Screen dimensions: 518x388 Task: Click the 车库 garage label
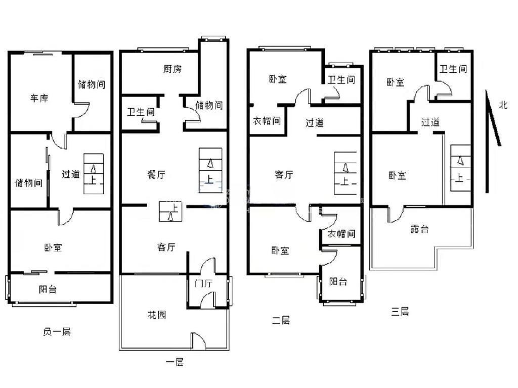pyautogui.click(x=39, y=98)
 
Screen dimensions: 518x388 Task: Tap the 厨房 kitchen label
pyautogui.click(x=172, y=69)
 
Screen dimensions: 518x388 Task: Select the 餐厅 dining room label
pyautogui.click(x=156, y=174)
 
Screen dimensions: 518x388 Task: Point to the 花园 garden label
pyautogui.click(x=157, y=315)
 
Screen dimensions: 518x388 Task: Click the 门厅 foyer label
pyautogui.click(x=203, y=283)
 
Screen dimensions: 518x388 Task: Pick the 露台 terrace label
pyautogui.click(x=419, y=229)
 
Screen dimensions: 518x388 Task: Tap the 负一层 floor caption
pyautogui.click(x=57, y=331)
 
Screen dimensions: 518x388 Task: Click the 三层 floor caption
pyautogui.click(x=400, y=311)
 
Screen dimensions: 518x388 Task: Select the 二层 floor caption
pyautogui.click(x=281, y=320)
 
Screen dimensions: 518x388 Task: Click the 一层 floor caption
pyautogui.click(x=175, y=362)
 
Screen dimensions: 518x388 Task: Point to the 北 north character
pyautogui.click(x=503, y=105)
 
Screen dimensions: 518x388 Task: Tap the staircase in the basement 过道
pyautogui.click(x=94, y=174)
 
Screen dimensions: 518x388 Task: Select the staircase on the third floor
pyautogui.click(x=460, y=168)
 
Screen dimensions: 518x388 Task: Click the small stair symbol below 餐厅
pyautogui.click(x=170, y=211)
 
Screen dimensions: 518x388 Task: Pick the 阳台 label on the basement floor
pyautogui.click(x=48, y=289)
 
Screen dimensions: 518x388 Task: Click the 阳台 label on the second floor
pyautogui.click(x=338, y=281)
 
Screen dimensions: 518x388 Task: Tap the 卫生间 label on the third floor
pyautogui.click(x=453, y=69)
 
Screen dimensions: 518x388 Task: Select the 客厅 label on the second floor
pyautogui.click(x=284, y=174)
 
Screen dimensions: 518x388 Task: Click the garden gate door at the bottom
pyautogui.click(x=198, y=341)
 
